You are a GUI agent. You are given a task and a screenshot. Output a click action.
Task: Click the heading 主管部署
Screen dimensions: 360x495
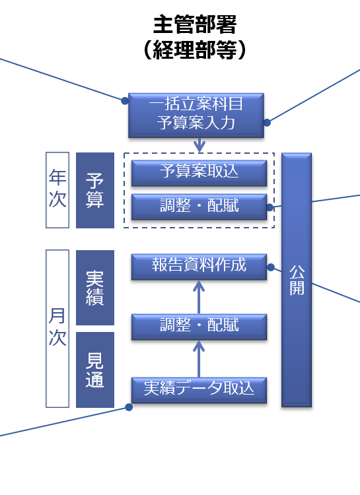click(x=195, y=25)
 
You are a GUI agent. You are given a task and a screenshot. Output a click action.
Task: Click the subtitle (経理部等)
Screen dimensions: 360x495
click(x=195, y=50)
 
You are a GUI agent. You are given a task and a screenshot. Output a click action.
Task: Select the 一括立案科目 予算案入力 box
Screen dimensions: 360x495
click(x=196, y=115)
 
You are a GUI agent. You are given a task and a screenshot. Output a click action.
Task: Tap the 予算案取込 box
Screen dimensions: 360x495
click(x=199, y=173)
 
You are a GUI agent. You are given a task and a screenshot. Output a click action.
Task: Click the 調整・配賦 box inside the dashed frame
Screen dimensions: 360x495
click(x=199, y=207)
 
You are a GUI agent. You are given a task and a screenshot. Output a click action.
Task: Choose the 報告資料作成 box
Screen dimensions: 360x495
click(x=199, y=267)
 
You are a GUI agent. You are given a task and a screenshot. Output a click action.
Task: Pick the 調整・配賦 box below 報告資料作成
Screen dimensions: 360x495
click(x=199, y=327)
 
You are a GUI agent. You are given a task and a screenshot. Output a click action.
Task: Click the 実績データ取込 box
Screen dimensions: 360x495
click(x=199, y=390)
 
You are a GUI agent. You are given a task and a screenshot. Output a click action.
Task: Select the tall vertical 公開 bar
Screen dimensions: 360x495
click(x=297, y=280)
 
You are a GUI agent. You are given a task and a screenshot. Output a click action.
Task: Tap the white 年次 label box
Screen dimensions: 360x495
click(x=57, y=189)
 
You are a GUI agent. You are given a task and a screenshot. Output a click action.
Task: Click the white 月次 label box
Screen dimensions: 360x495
click(x=57, y=329)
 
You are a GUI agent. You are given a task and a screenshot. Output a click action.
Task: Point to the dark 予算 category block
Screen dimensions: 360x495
click(x=95, y=190)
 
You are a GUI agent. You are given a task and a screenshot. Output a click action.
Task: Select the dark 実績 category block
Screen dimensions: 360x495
click(x=95, y=288)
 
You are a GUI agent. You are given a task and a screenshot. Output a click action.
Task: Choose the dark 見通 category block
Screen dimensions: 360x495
click(x=95, y=370)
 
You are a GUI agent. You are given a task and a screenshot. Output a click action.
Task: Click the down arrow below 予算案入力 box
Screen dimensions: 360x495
click(x=199, y=145)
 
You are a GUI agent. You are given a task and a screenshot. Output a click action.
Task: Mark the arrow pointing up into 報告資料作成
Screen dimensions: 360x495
click(x=199, y=297)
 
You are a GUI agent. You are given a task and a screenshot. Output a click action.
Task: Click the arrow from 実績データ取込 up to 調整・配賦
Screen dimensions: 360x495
click(x=199, y=359)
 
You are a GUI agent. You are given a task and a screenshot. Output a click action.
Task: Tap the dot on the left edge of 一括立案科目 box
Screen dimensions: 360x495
click(x=125, y=101)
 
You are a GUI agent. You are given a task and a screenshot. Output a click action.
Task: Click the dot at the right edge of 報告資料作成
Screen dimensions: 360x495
click(x=271, y=267)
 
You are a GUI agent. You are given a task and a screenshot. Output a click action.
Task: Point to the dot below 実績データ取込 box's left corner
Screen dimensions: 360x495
click(x=129, y=407)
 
